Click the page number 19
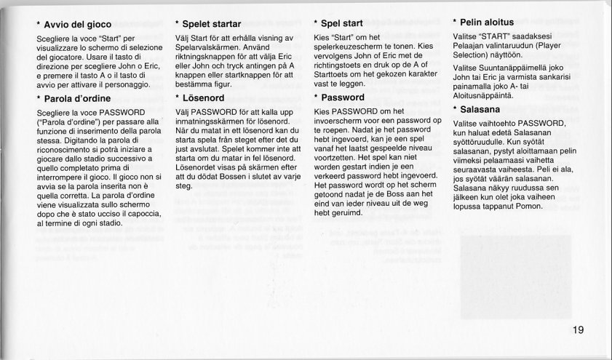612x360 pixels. pyautogui.click(x=578, y=331)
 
